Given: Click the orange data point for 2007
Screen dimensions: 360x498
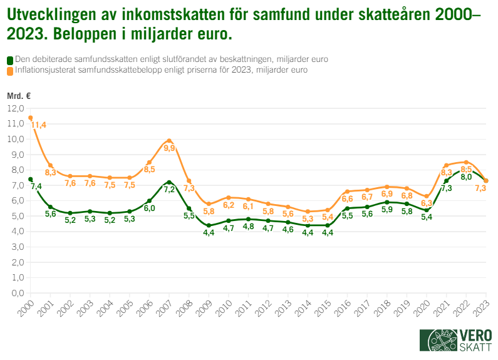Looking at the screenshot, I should (x=169, y=141).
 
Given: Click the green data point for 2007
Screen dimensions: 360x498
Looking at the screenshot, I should (x=169, y=182).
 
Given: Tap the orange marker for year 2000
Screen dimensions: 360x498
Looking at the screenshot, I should (x=30, y=118).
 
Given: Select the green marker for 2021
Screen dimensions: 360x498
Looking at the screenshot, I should (x=447, y=181).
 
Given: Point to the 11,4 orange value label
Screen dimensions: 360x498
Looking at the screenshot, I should (x=39, y=125).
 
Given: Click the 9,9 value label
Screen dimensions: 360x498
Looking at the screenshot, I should (x=169, y=149).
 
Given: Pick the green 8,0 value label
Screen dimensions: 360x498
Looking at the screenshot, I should (x=466, y=177).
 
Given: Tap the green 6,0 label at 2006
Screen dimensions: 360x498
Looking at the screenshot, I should (x=149, y=209).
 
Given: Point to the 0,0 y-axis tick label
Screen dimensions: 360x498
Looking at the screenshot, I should (x=18, y=293).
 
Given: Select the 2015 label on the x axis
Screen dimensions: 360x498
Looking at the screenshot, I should (x=322, y=307).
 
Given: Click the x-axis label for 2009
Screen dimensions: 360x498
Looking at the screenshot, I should (x=203, y=307).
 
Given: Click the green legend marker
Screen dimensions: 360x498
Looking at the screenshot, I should (x=10, y=60).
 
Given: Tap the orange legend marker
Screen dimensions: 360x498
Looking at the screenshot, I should (x=10, y=71).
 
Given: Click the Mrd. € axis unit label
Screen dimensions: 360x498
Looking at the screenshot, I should (x=19, y=96).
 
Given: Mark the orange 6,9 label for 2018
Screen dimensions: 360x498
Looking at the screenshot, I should (x=387, y=195).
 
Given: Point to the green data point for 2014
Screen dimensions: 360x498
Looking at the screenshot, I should (x=308, y=225).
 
